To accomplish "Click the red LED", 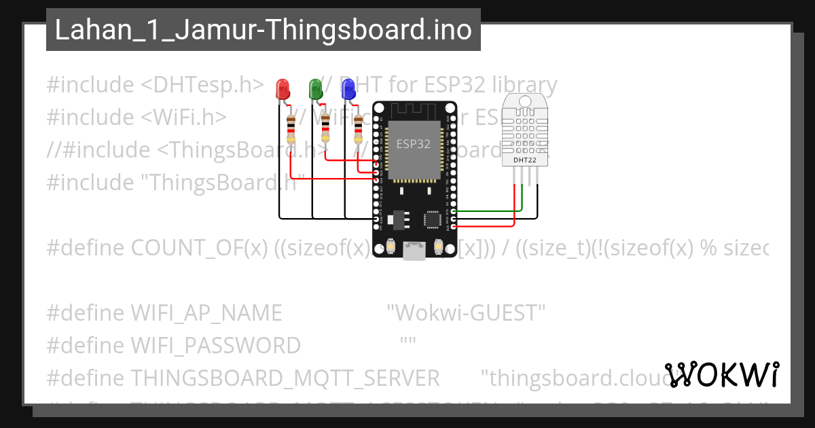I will click(282, 88).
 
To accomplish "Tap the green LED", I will click(315, 88).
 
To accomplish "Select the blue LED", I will click(348, 88).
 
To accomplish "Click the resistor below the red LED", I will click(291, 129).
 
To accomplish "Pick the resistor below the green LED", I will click(325, 129).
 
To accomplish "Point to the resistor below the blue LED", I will click(358, 129).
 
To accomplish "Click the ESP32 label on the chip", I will click(413, 144).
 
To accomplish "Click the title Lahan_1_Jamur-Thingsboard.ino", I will click(263, 30).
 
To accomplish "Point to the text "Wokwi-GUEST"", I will click(466, 313).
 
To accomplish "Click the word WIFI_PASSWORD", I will click(215, 346).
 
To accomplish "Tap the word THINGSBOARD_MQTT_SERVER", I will click(285, 378).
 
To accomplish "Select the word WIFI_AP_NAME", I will click(206, 313).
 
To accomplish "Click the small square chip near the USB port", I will click(432, 219).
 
